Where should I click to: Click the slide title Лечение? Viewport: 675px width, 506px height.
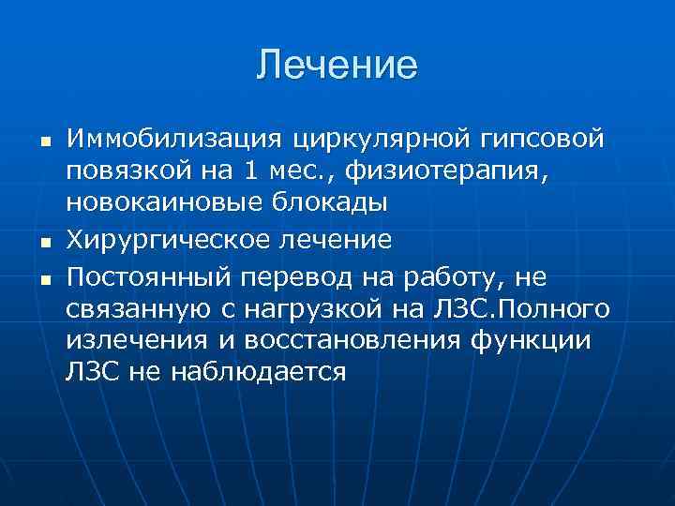coord(337,66)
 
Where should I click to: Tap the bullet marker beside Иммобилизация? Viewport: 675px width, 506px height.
coord(44,141)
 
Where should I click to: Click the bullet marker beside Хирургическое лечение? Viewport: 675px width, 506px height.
coord(44,242)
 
